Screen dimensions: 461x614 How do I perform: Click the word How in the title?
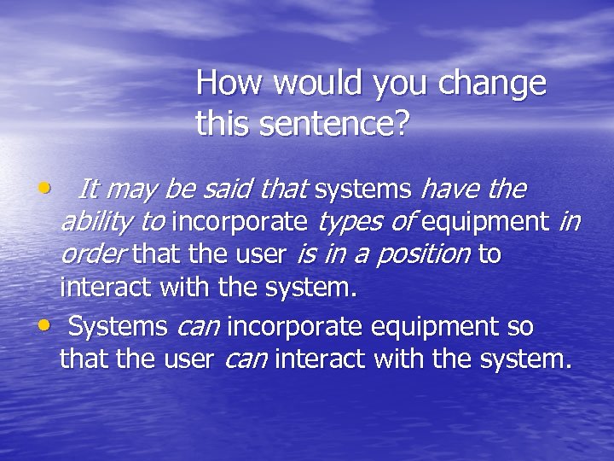point(224,84)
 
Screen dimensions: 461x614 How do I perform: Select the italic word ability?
point(97,224)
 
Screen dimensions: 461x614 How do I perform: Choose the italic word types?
point(347,224)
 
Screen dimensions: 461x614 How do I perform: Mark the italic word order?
point(95,254)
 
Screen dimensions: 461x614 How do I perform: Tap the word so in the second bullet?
point(514,326)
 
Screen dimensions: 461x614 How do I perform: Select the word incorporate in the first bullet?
point(240,223)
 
